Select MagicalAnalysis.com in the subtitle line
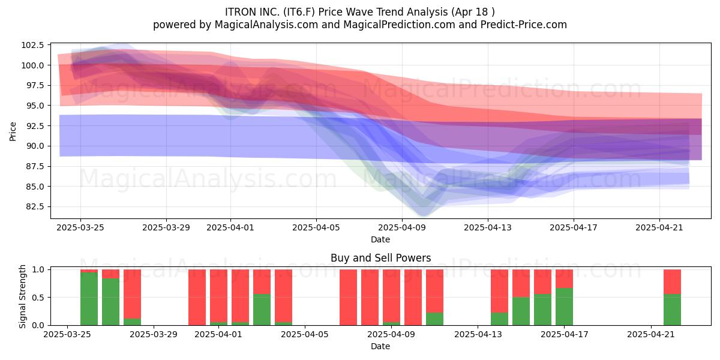point(266,25)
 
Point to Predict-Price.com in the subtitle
point(524,25)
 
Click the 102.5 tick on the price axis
point(32,45)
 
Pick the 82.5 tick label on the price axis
point(34,206)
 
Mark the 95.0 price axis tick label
point(34,106)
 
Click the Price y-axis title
point(13,131)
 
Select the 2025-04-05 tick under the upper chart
point(316,227)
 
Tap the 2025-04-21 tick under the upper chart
point(659,227)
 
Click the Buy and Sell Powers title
point(380,258)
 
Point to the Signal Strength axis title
point(22,296)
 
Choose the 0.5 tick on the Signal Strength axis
point(38,298)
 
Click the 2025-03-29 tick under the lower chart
point(154,334)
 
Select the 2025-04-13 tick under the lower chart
point(478,334)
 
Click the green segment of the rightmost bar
point(672,310)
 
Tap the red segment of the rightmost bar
point(672,281)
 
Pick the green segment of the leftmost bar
point(89,299)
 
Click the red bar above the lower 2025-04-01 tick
point(218,296)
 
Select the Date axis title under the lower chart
point(380,346)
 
